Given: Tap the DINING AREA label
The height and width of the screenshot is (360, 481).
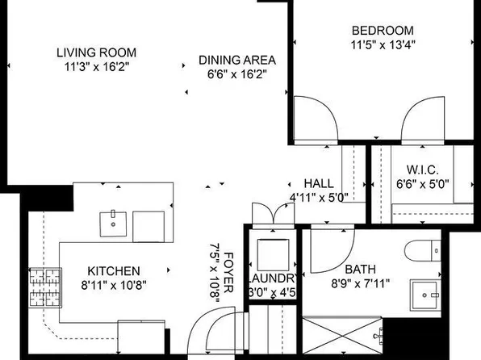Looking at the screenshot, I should click(x=237, y=61).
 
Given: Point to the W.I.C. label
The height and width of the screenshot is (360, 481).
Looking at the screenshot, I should click(x=423, y=170).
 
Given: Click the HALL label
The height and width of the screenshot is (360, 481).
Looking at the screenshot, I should click(x=319, y=183).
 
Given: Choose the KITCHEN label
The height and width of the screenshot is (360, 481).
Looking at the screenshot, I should click(x=114, y=271).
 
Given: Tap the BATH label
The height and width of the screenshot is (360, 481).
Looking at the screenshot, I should click(x=360, y=270).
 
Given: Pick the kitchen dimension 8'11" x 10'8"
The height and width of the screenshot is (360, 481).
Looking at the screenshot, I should click(x=114, y=284).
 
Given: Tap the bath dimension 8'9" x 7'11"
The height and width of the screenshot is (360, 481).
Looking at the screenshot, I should click(x=360, y=283).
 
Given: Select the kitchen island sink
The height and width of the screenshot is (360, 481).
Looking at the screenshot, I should click(x=113, y=223).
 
